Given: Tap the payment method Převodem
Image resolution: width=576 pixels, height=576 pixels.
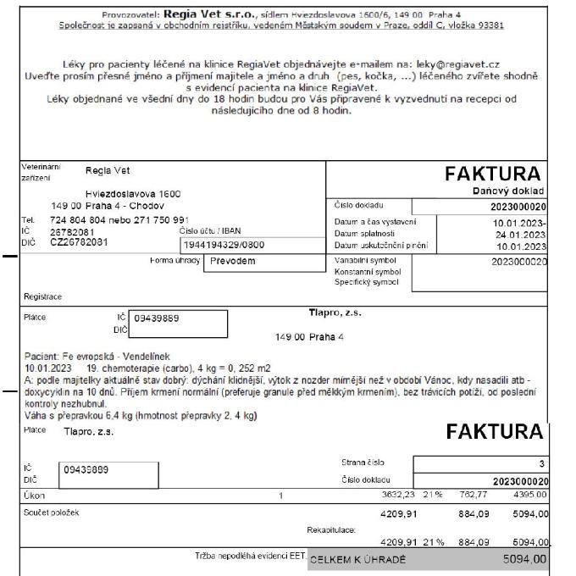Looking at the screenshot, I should point(233,261).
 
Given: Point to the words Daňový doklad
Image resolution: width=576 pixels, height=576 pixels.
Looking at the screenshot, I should point(512,192).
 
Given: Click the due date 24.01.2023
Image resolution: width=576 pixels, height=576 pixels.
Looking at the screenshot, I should point(521,234).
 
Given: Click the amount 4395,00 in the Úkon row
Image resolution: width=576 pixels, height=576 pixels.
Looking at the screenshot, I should point(530,496).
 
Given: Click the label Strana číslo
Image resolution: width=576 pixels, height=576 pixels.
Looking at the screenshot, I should point(357,462).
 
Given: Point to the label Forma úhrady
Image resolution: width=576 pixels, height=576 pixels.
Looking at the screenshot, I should point(174,261).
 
